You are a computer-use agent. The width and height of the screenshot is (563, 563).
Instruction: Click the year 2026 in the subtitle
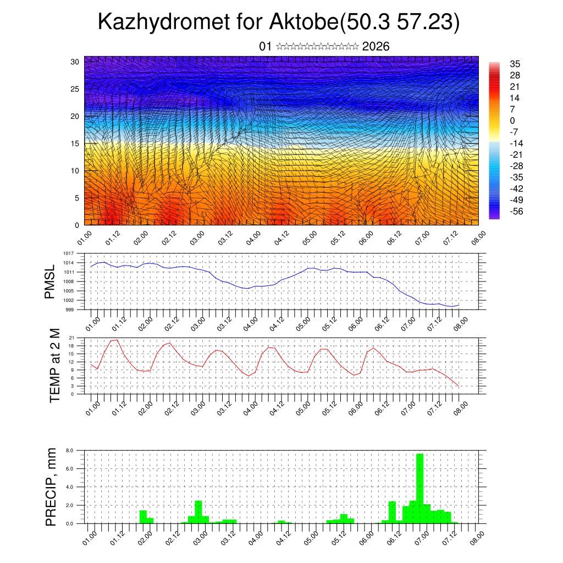pos(376,47)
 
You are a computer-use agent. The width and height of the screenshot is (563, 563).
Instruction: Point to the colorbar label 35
pos(515,64)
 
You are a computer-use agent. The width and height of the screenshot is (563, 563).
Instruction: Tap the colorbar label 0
pos(512,120)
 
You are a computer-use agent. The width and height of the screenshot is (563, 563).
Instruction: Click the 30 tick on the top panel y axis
pos(75,62)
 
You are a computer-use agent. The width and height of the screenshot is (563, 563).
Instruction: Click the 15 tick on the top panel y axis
pos(75,143)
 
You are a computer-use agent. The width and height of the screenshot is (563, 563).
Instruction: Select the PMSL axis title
pos(51,281)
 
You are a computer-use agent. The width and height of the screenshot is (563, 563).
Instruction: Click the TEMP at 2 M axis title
pos(54,365)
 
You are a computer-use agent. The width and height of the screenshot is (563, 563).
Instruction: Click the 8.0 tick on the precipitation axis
pos(70,450)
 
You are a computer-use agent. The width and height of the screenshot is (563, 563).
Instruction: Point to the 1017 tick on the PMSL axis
pos(68,253)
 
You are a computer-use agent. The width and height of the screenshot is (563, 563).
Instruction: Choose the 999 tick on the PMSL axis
pos(70,310)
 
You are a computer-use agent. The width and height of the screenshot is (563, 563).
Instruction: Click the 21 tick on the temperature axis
pos(71,338)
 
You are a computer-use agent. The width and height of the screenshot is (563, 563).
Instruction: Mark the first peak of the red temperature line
pos(117,340)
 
